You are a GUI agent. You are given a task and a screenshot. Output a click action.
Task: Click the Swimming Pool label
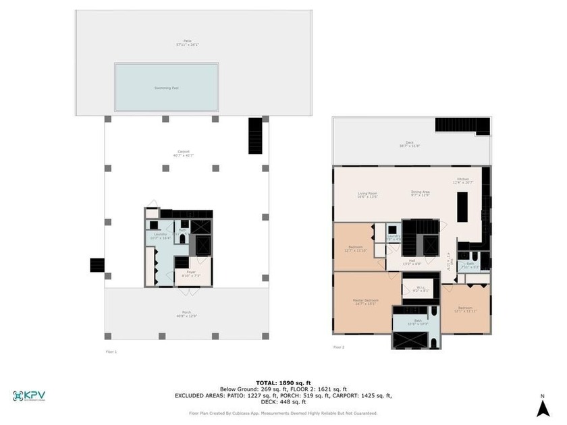click(165, 88)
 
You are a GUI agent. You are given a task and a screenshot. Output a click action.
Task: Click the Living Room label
click(367, 195)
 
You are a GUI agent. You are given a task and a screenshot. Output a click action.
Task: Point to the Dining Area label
click(421, 194)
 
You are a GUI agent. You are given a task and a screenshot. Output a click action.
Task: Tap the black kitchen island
click(462, 206)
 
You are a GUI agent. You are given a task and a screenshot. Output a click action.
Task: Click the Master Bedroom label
click(365, 302)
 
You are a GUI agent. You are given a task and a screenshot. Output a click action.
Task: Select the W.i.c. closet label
click(420, 290)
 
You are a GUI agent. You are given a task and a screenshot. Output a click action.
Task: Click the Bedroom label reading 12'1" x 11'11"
click(464, 309)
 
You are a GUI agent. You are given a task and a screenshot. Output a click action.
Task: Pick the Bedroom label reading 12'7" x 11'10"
click(355, 249)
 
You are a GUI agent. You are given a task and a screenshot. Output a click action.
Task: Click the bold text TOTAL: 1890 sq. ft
click(283, 382)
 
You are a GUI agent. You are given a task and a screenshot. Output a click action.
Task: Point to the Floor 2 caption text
click(339, 347)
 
